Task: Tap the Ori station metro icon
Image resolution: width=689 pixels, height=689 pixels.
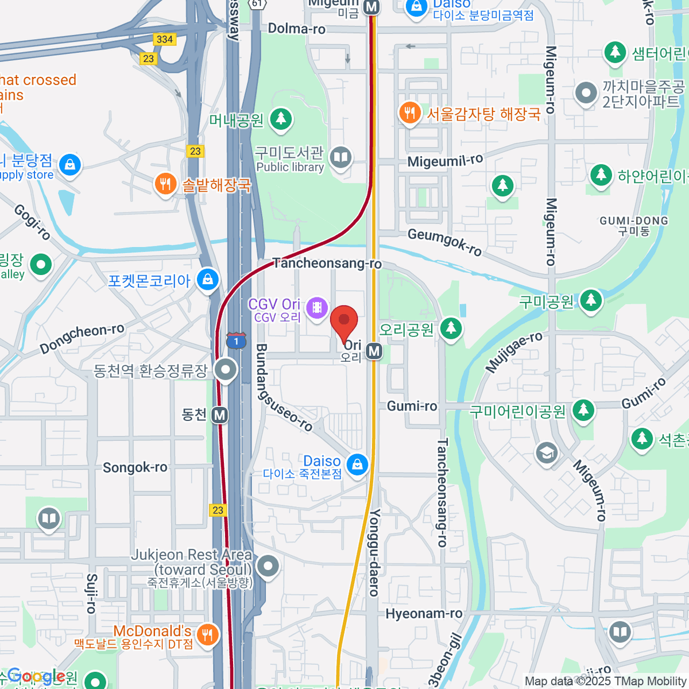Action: click(374, 351)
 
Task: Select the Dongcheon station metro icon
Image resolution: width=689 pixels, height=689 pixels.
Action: click(219, 415)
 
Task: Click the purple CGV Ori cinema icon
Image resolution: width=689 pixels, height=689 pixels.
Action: click(316, 308)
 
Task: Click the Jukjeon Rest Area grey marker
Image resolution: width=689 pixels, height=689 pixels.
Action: click(268, 566)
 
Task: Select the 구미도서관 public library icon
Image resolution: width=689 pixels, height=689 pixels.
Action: click(340, 156)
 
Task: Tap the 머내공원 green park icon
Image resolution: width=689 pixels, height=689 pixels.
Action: click(281, 119)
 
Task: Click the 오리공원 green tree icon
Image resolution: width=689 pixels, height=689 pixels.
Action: click(451, 328)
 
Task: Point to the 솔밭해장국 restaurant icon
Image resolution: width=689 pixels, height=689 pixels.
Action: click(165, 184)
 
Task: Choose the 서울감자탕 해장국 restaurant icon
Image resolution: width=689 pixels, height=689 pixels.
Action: click(409, 112)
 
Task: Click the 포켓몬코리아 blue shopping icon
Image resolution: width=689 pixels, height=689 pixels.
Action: click(207, 280)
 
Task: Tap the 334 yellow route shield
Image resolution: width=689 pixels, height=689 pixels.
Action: click(164, 39)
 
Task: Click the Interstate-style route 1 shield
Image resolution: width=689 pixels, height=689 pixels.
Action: click(236, 340)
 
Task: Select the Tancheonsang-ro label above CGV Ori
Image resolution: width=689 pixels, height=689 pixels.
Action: click(327, 264)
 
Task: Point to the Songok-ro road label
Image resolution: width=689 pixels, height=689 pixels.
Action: click(135, 467)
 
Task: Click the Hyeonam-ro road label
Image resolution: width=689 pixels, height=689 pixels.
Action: click(424, 614)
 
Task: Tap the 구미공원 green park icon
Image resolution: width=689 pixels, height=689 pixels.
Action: click(590, 300)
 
